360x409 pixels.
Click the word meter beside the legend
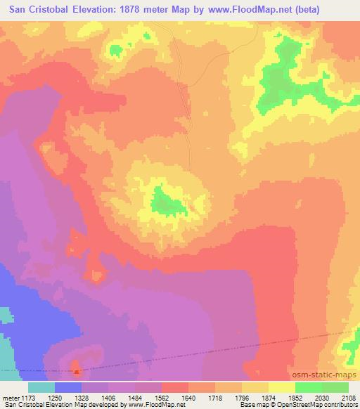coord(13,398)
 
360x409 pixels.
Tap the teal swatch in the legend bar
coord(41,387)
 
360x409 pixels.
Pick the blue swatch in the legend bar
coord(68,387)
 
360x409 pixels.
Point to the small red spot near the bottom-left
coord(77,369)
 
